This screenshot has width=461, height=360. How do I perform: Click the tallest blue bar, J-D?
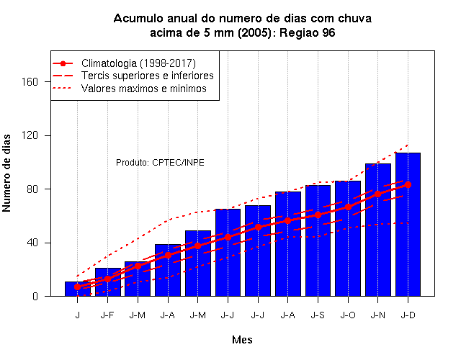408,224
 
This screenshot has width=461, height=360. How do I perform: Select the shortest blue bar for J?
78,289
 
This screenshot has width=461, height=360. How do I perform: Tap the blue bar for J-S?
318,240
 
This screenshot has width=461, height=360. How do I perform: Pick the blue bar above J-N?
377,230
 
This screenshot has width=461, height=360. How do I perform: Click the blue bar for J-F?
107,282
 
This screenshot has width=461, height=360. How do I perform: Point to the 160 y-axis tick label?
30,81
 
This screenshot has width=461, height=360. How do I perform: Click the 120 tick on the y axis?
30,135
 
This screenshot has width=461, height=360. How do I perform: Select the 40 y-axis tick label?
32,243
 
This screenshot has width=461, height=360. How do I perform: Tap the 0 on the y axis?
35,296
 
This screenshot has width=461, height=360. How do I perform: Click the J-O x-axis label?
348,315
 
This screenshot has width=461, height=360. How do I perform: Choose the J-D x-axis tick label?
408,315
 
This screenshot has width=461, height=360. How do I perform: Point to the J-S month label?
318,315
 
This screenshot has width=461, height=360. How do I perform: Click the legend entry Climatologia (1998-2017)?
138,63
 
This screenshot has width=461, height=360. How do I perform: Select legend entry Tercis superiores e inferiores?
147,76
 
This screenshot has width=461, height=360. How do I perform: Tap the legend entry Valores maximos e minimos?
144,89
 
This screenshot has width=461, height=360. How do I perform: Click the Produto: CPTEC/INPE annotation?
160,163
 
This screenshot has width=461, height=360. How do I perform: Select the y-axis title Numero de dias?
6,173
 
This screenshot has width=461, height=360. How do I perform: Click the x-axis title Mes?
242,340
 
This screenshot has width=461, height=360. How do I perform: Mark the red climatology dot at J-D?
408,184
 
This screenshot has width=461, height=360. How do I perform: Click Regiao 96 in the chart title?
308,32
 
